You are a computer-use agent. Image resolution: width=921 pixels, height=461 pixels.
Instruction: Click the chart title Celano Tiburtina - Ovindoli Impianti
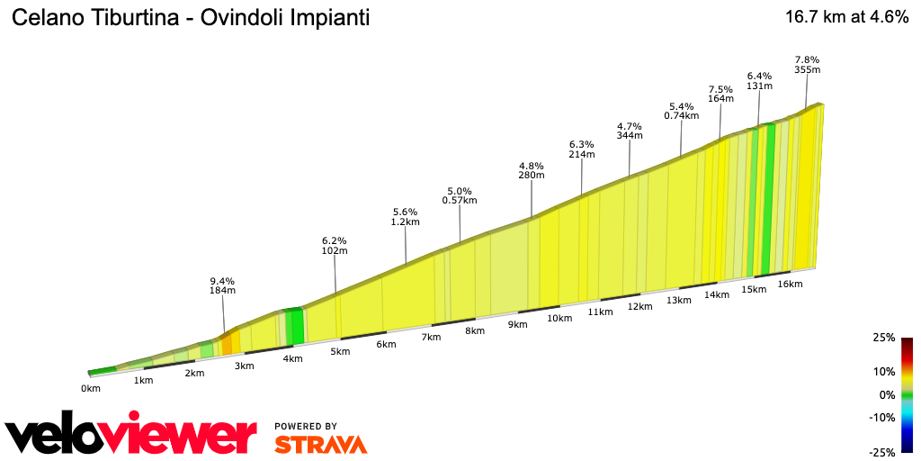[x=190, y=18]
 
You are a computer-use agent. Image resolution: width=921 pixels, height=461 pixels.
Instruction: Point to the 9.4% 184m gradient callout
[x=222, y=285]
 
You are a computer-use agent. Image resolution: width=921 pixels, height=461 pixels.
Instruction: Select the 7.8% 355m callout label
[x=807, y=65]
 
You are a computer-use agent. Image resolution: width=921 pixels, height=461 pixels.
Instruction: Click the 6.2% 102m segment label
[x=334, y=246]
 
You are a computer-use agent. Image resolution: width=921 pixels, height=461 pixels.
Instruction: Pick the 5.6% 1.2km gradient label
[x=406, y=216]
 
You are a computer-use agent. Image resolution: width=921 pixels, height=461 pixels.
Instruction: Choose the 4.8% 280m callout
[x=532, y=170]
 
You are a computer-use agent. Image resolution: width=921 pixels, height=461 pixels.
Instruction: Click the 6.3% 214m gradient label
[x=582, y=149]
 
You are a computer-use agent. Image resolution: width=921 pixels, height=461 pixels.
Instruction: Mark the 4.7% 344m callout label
[x=630, y=131]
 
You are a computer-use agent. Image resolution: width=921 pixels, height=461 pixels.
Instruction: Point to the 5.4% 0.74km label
[x=681, y=111]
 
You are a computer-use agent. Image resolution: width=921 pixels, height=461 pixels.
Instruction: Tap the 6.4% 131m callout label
[x=760, y=81]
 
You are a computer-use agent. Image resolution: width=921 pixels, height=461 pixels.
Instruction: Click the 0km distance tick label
[x=90, y=388]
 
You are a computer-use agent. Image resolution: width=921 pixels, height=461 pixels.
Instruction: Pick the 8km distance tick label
[x=474, y=330]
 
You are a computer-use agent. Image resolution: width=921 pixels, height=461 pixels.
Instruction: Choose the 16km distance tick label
[x=790, y=284]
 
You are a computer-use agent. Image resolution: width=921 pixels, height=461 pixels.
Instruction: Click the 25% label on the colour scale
[x=883, y=338]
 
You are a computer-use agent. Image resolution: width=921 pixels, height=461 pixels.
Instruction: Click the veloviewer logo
[x=130, y=435]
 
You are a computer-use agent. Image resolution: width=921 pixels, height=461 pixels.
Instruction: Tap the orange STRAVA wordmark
[x=320, y=444]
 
